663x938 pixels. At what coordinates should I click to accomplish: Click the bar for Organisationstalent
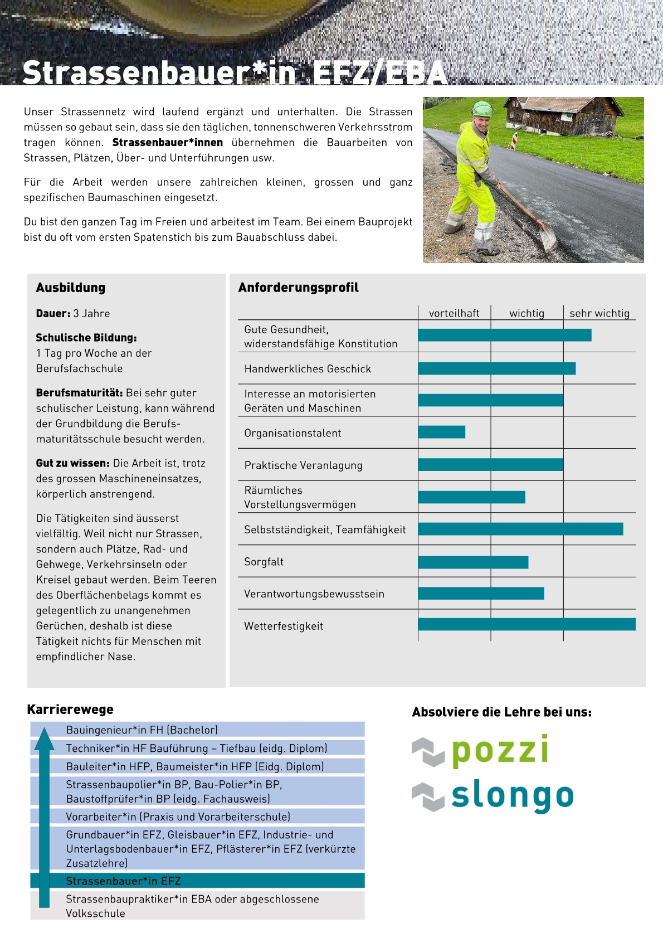[441, 432]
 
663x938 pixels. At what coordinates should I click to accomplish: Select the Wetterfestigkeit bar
[526, 624]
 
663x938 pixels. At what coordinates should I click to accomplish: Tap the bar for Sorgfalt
[473, 562]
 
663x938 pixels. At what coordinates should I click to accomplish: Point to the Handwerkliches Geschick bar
[496, 368]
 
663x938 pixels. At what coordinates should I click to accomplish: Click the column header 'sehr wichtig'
[599, 313]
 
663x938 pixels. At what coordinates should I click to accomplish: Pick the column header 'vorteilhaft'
[454, 313]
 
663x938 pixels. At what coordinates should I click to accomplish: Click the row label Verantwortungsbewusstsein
[314, 594]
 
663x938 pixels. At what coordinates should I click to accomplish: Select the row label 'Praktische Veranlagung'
[303, 465]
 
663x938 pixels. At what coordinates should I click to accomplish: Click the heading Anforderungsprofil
[299, 288]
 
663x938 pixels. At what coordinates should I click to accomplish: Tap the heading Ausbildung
[71, 288]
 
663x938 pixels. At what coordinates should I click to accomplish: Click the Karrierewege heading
[70, 709]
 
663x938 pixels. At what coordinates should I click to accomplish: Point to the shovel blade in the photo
[548, 237]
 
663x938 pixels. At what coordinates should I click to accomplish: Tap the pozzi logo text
[500, 750]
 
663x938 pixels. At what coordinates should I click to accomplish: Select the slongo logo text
[512, 796]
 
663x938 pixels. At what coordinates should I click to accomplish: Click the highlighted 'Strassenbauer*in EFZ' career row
[198, 881]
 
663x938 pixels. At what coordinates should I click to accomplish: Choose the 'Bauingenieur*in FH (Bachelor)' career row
[198, 730]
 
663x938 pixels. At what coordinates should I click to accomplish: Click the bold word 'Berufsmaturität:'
[79, 393]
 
